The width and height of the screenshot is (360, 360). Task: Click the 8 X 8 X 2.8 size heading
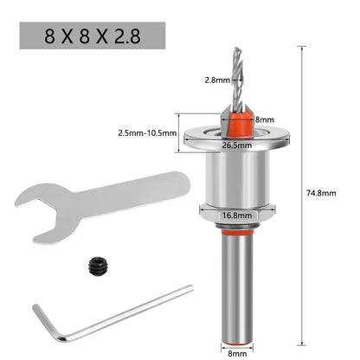pyautogui.click(x=93, y=35)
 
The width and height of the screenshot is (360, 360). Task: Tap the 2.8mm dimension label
pyautogui.click(x=217, y=80)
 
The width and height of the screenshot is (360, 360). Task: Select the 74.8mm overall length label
pyautogui.click(x=321, y=193)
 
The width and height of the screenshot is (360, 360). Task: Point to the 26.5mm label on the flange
pyautogui.click(x=237, y=145)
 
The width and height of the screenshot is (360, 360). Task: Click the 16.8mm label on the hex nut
pyautogui.click(x=237, y=215)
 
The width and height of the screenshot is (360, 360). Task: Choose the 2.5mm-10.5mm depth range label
pyautogui.click(x=147, y=133)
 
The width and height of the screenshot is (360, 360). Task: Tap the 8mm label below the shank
pyautogui.click(x=237, y=353)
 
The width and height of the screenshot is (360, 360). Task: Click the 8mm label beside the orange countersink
pyautogui.click(x=265, y=119)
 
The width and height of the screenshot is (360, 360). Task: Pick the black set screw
pyautogui.click(x=97, y=267)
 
